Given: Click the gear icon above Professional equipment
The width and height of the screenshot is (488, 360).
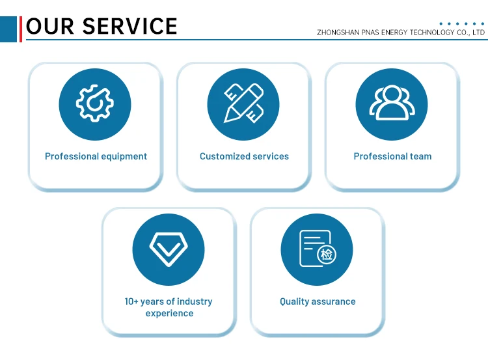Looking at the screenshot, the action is point(95,104).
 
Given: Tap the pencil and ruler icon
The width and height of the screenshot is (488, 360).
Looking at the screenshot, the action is point(243,104).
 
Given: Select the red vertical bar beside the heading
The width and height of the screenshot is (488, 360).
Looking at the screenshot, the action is point(21,29).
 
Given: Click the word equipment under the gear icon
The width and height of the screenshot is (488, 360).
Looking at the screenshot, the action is point(123,156).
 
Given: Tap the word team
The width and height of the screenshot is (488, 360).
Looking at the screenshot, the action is point(421,156).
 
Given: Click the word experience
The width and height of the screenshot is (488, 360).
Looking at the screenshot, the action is point(169,313).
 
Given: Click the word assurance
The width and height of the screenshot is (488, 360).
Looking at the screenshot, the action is point(334,301).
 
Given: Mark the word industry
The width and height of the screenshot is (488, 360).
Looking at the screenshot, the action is point(195,301).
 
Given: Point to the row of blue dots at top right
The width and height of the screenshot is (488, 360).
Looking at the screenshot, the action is point(463,23).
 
